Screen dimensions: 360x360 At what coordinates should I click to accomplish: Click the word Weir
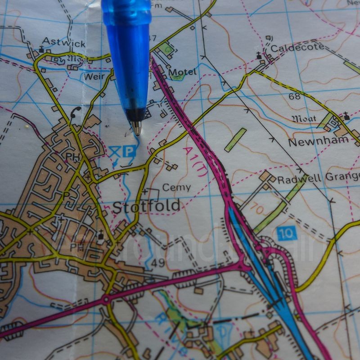pos(93,76)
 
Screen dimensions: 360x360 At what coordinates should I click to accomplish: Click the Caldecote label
pos(297,47)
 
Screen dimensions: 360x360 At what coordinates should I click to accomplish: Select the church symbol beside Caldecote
pos(259,56)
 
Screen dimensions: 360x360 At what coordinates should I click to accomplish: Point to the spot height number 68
pos(295,96)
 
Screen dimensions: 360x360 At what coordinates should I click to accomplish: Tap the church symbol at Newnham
pos(346,116)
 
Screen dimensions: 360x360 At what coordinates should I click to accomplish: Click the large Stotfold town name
pos(146,207)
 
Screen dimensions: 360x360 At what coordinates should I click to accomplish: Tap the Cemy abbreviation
pos(176,187)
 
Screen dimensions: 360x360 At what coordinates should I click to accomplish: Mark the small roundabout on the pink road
pos(106,299)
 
